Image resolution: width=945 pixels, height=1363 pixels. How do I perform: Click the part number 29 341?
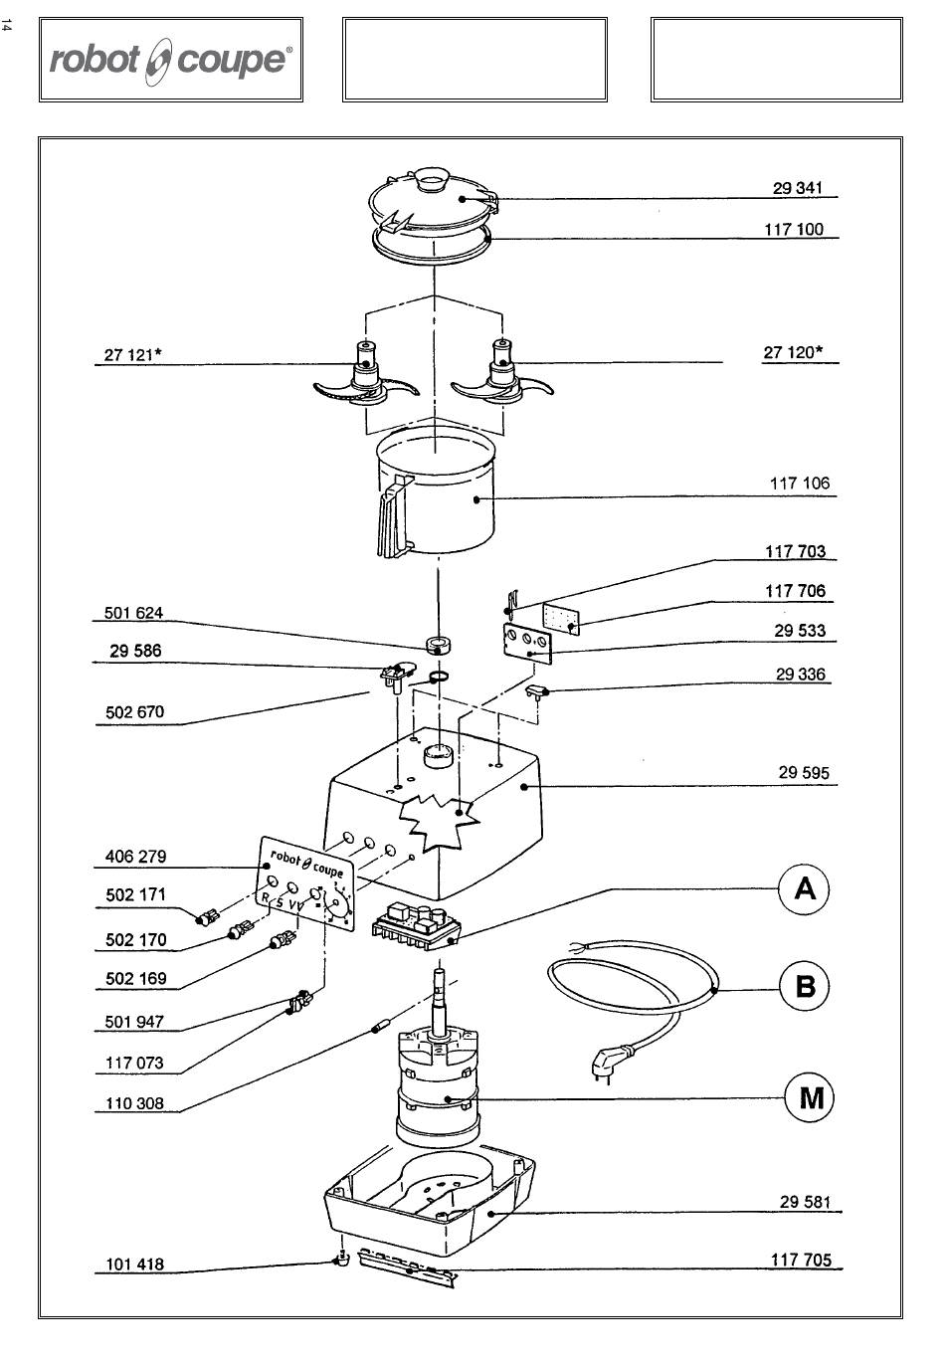tap(797, 188)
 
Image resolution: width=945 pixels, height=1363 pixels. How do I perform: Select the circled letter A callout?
tap(805, 889)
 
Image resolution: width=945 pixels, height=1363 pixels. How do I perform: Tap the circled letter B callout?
tap(805, 986)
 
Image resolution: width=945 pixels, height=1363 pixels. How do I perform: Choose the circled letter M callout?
tap(810, 1098)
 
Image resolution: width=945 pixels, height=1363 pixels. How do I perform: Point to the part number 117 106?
tap(800, 484)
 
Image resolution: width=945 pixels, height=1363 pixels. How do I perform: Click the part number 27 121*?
tap(132, 354)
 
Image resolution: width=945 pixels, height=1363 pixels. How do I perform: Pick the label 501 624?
tap(133, 613)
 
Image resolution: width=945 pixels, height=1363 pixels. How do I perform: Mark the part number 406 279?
tap(135, 857)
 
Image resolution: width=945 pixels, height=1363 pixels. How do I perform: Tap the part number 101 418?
tap(134, 1264)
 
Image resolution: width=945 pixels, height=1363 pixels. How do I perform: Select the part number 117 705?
tap(801, 1260)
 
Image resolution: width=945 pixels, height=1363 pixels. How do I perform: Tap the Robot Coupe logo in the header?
tap(170, 61)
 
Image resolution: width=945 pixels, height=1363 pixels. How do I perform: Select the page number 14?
tap(6, 26)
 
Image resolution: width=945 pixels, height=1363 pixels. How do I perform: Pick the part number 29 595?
tap(803, 773)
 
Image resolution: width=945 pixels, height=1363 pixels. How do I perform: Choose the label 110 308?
tap(134, 1103)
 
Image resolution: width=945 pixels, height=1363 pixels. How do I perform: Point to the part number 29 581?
tap(805, 1202)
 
